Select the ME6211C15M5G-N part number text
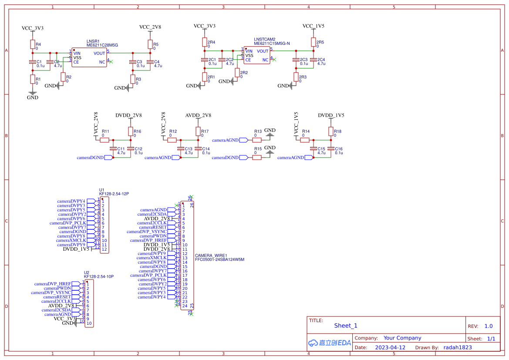pos(271,44)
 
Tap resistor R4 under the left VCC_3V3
pos(32,44)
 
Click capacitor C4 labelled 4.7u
pos(150,63)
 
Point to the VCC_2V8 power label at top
pos(150,27)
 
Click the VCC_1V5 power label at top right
pos(313,26)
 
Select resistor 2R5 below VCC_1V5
pos(313,42)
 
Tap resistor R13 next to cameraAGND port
pos(257,140)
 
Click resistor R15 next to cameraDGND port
pos(257,157)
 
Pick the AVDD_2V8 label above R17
pos(198,115)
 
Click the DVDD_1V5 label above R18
pos(331,115)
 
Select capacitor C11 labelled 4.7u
pos(113,149)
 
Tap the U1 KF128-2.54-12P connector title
pos(114,193)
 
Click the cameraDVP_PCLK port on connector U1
pos(67,223)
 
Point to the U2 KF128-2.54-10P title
pos(98,276)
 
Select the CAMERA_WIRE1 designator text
pos(211,256)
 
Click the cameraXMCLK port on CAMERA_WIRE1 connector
pos(152,258)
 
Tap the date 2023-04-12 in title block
pos(390,347)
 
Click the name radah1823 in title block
pos(457,347)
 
